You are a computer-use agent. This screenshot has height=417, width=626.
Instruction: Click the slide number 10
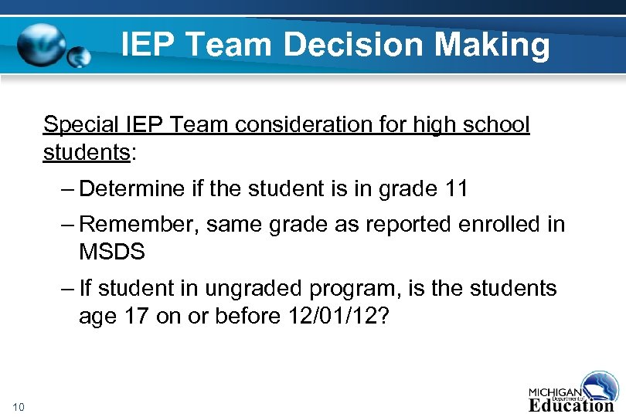coord(20,407)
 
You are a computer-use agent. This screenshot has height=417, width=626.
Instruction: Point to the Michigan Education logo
coord(572,392)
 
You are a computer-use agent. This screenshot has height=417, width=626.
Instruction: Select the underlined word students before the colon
coord(86,152)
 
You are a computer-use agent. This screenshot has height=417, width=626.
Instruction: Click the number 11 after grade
coord(456,188)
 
